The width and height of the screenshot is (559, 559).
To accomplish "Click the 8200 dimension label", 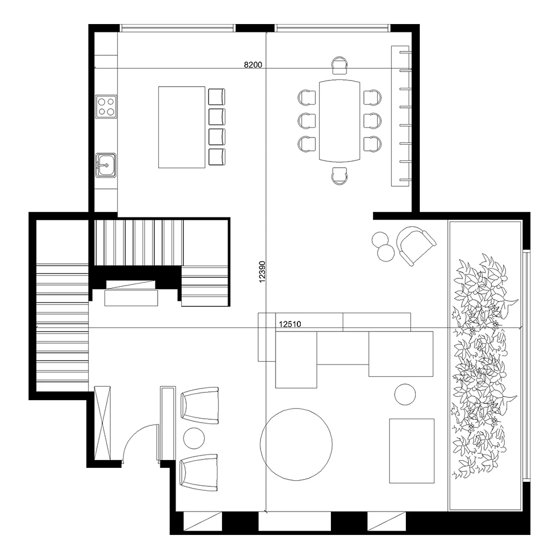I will (253, 64).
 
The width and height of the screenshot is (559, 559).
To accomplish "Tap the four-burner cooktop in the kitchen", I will (106, 106).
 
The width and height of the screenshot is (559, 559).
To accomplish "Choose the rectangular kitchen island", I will (182, 127).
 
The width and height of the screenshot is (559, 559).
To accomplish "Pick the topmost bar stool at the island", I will (217, 97).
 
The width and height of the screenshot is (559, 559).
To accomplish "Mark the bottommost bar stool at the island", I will (217, 157).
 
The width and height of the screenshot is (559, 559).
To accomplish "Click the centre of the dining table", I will (340, 120).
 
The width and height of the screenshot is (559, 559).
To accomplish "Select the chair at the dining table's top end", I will (339, 65).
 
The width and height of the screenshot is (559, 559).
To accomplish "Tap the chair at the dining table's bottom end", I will (339, 176).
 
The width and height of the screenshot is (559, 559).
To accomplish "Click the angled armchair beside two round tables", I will (415, 244).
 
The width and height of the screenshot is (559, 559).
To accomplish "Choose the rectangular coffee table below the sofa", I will (411, 450).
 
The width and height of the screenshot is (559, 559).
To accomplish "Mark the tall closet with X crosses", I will (103, 422).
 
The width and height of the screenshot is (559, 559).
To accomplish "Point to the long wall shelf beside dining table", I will (401, 116).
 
